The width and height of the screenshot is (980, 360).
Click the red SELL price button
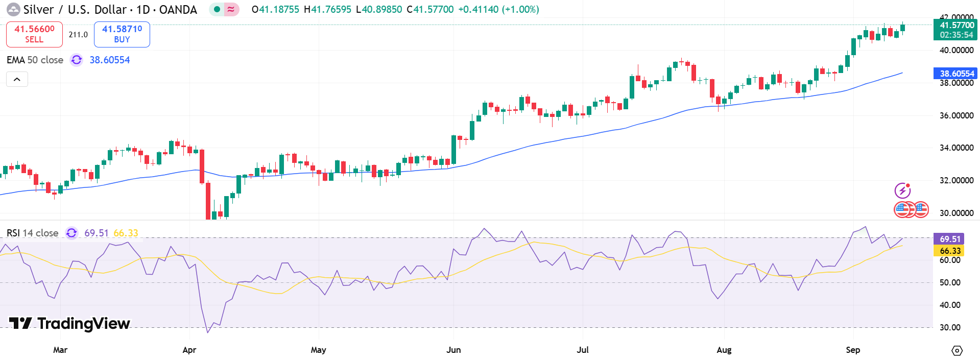34,34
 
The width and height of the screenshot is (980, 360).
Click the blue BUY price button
122,34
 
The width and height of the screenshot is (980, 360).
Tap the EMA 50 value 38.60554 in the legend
110,60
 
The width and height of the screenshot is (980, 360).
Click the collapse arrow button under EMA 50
17,79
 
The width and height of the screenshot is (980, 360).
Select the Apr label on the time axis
189,350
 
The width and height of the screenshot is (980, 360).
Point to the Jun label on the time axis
453,350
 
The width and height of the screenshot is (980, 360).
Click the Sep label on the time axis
853,350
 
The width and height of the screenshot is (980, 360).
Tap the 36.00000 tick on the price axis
957,115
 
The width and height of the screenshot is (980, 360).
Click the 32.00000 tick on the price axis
957,180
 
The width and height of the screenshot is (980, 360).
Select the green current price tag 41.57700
955,30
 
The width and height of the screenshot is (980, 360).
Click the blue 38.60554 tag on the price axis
955,74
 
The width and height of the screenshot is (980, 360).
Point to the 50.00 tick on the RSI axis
950,282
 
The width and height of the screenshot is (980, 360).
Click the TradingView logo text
83,324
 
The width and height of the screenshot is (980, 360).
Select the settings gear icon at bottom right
957,351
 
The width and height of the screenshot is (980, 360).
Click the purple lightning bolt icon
902,190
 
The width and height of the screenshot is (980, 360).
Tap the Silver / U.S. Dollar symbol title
110,10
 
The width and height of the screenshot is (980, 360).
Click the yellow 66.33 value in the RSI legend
126,233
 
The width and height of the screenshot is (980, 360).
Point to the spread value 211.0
78,35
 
